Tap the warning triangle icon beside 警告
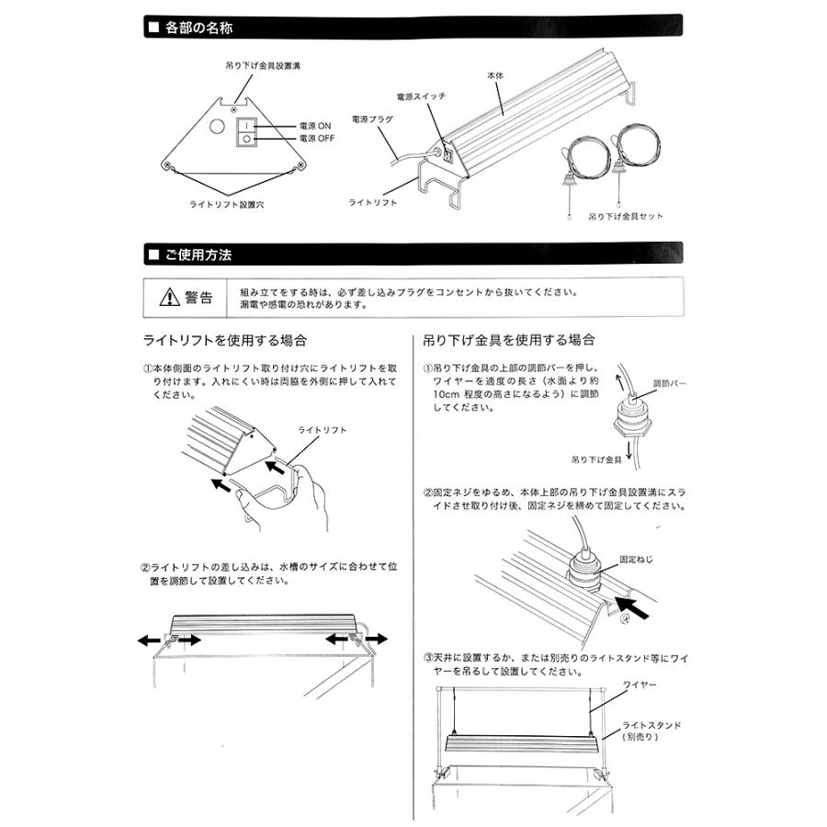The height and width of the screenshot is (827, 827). click(170, 298)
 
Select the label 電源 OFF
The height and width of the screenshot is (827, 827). click(318, 137)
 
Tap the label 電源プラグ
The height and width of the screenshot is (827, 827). click(373, 119)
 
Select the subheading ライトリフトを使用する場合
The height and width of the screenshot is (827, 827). click(224, 341)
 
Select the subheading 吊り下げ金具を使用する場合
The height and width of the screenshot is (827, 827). click(508, 341)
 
